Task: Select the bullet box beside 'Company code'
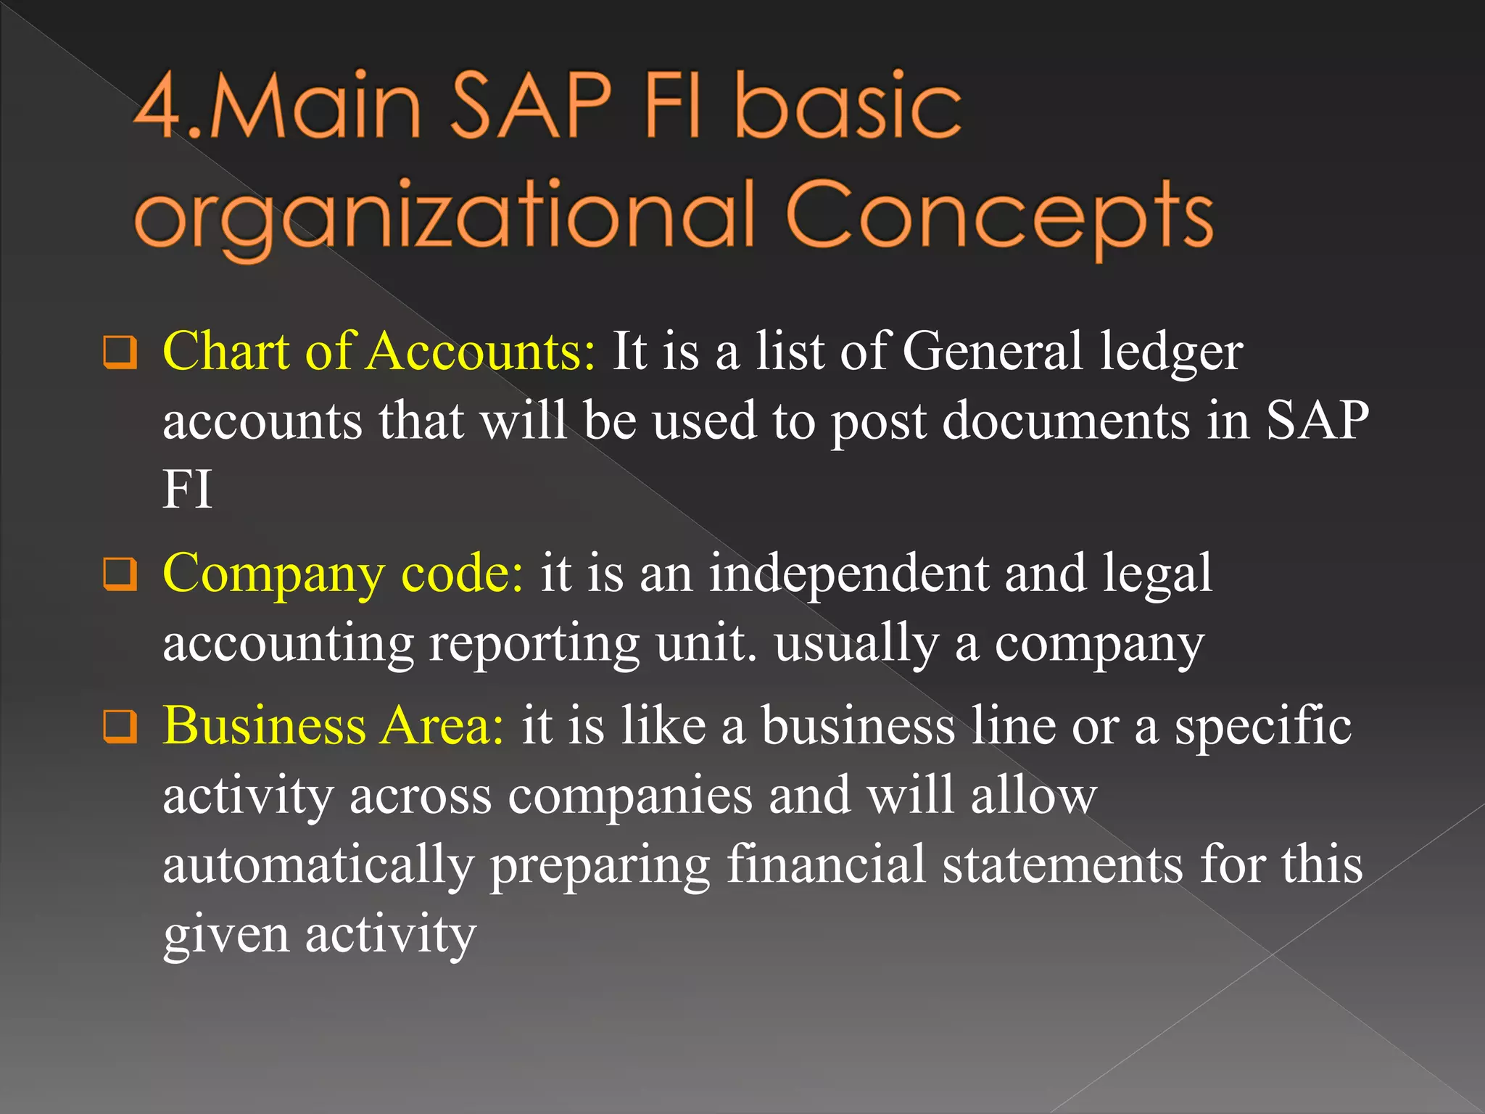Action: [120, 574]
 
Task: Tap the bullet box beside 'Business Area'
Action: [120, 727]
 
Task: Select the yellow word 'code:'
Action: [462, 574]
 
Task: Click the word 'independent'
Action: [848, 574]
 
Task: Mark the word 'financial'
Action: [826, 865]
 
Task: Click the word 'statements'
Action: [1062, 865]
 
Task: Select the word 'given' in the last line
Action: [226, 936]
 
